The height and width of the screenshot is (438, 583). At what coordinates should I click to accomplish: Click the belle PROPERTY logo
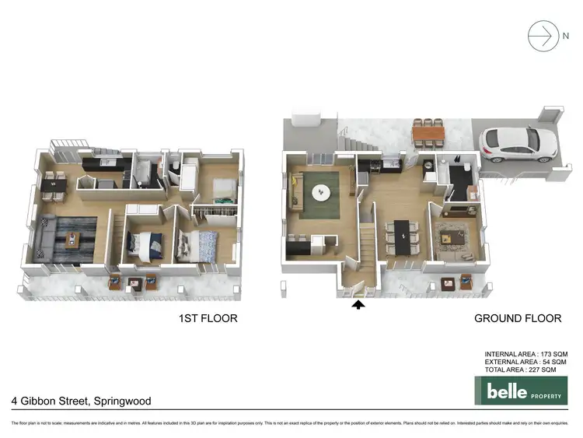tap(521, 391)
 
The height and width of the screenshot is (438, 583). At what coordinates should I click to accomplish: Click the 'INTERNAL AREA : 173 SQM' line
tap(520, 354)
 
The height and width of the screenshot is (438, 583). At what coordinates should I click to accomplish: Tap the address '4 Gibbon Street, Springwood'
tap(81, 401)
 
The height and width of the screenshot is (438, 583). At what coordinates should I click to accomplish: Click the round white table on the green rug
tap(319, 191)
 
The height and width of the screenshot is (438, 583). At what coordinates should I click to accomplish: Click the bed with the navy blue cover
tap(147, 244)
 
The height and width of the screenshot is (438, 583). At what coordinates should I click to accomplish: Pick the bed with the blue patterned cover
tap(190, 245)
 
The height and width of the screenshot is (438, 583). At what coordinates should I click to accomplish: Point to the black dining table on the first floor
tap(53, 186)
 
